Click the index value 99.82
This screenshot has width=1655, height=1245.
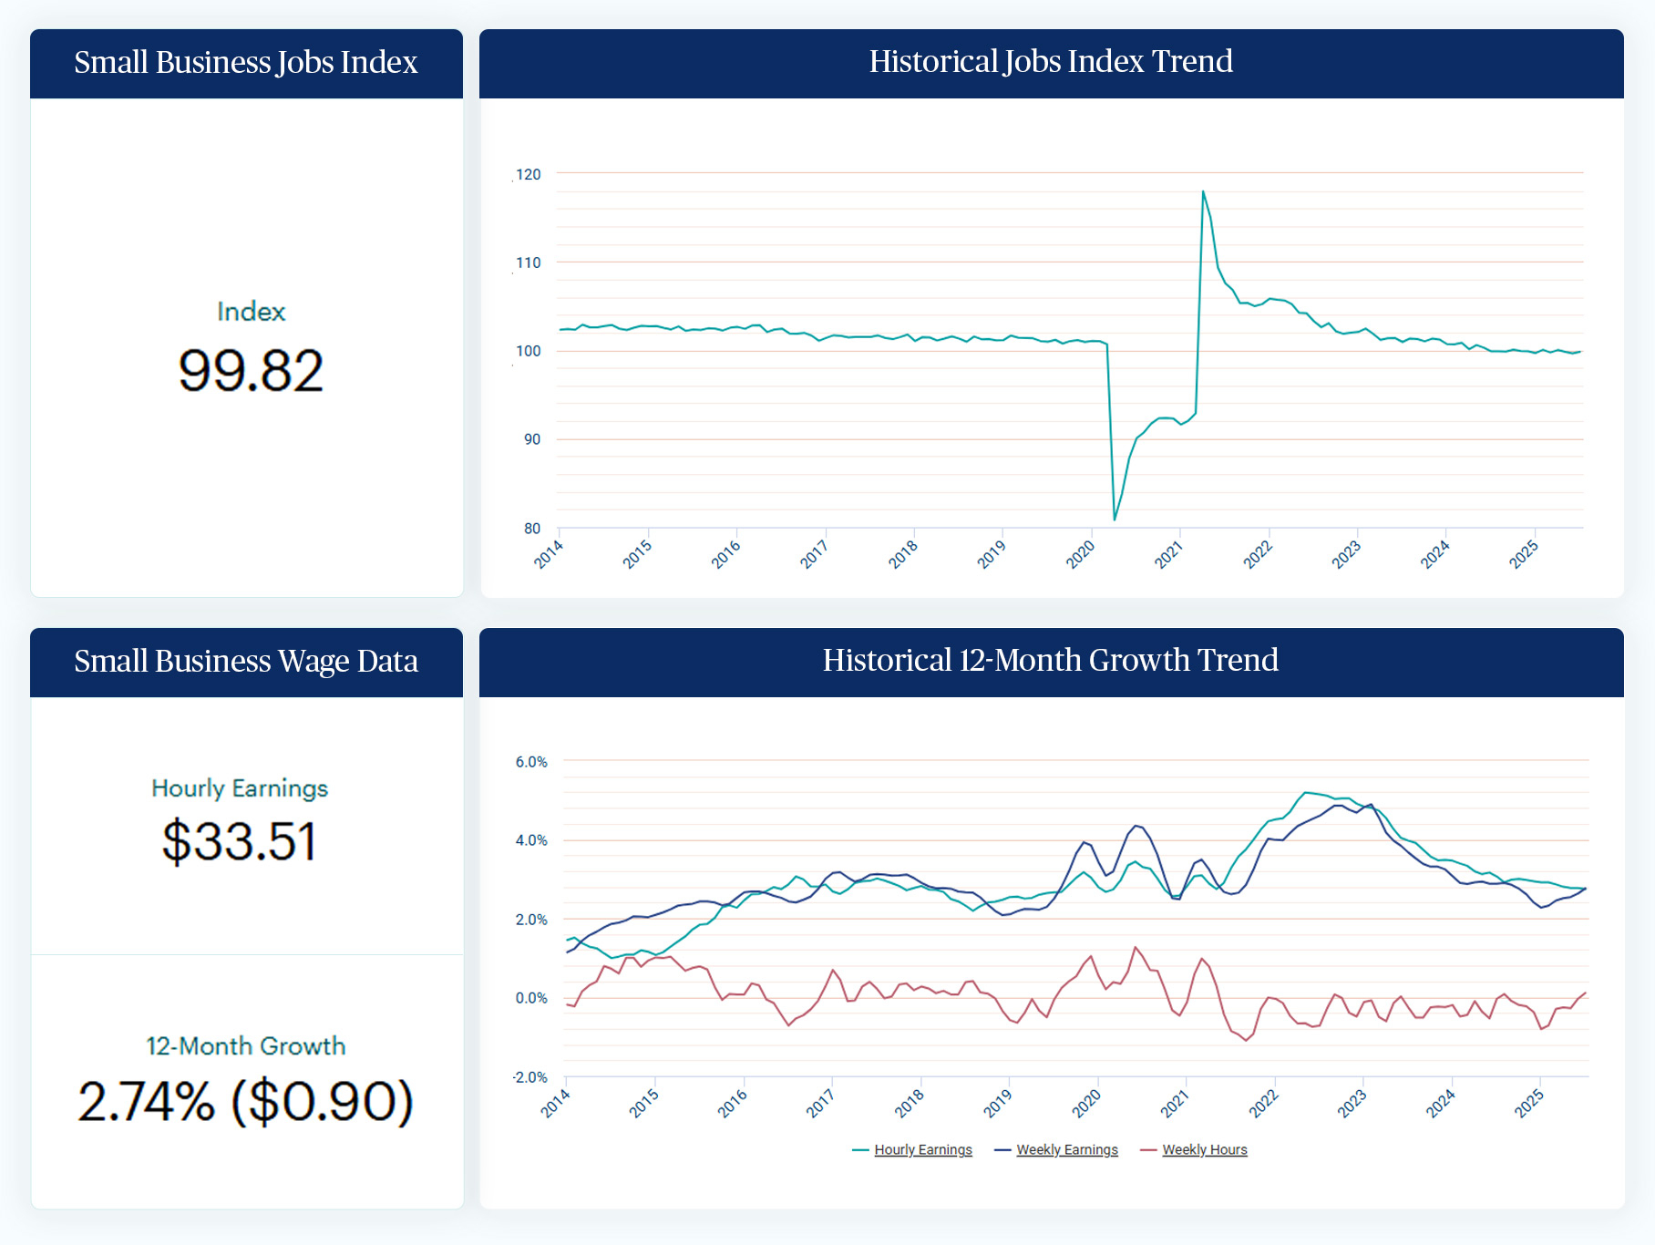251,371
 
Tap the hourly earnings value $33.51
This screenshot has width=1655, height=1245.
240,840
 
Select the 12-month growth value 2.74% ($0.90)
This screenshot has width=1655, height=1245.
246,1101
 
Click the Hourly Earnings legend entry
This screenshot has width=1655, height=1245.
922,1150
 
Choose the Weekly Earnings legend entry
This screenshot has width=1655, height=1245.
1066,1150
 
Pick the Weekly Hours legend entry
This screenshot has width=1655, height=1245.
1204,1150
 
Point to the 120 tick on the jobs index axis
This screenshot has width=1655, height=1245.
529,174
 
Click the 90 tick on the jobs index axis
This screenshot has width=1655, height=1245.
532,439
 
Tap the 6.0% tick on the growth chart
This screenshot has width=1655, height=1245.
531,762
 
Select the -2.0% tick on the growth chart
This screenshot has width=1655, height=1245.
529,1077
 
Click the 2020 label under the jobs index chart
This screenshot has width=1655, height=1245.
1081,554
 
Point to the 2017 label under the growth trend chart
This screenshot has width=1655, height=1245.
820,1104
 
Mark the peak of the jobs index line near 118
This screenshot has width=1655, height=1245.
1203,191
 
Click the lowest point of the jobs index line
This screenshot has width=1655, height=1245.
1115,520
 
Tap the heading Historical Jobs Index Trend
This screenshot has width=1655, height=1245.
1051,62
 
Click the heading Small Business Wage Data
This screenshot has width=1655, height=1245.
246,661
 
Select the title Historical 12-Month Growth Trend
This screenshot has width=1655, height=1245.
1051,660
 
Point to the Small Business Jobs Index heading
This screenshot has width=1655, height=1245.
246,62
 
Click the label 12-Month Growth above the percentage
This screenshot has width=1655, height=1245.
246,1045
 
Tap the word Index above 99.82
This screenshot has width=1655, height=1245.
251,312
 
